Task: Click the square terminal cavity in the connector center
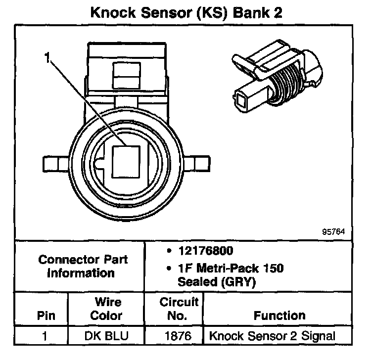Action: pyautogui.click(x=128, y=161)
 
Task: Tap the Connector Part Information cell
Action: pyautogui.click(x=83, y=266)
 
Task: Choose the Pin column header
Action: pyautogui.click(x=46, y=315)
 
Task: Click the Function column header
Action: pyautogui.click(x=279, y=315)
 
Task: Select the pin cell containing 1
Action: pyautogui.click(x=46, y=336)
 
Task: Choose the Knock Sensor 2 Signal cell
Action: pyautogui.click(x=272, y=336)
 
